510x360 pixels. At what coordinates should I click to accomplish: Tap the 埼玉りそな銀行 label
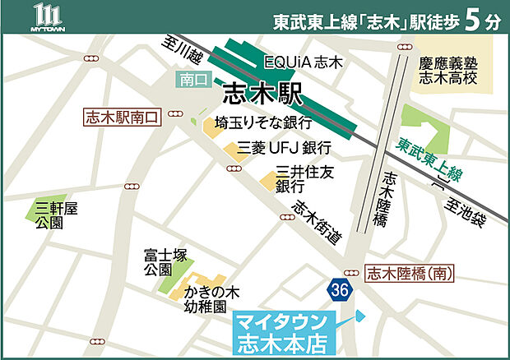point(262,122)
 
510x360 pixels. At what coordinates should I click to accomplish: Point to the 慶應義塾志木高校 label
point(449,69)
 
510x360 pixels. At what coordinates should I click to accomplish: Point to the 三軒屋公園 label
point(56,215)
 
